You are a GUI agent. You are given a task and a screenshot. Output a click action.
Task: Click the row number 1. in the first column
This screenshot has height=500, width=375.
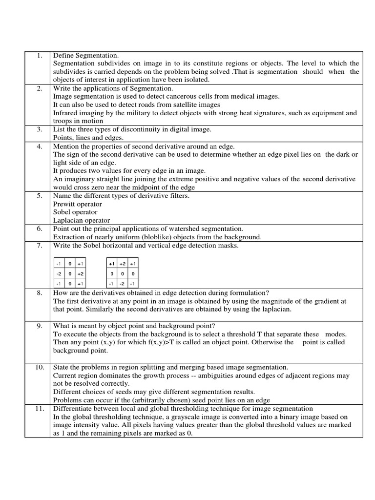(x=40, y=55)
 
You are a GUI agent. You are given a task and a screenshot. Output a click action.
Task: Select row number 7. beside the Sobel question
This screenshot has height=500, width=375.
(x=40, y=246)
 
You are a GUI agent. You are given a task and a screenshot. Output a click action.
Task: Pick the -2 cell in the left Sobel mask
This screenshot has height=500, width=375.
(x=59, y=274)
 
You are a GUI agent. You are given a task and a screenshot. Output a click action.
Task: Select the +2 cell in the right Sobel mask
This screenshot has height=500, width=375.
(x=122, y=264)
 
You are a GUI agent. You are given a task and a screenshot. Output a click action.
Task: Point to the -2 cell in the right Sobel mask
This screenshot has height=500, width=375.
(x=122, y=284)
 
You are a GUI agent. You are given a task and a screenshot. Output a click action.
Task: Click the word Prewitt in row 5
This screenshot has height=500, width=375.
(x=64, y=204)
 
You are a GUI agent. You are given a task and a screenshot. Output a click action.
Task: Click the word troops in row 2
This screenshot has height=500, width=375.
(x=63, y=121)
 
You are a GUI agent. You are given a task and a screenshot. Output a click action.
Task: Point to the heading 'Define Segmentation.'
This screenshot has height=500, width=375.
(x=86, y=55)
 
